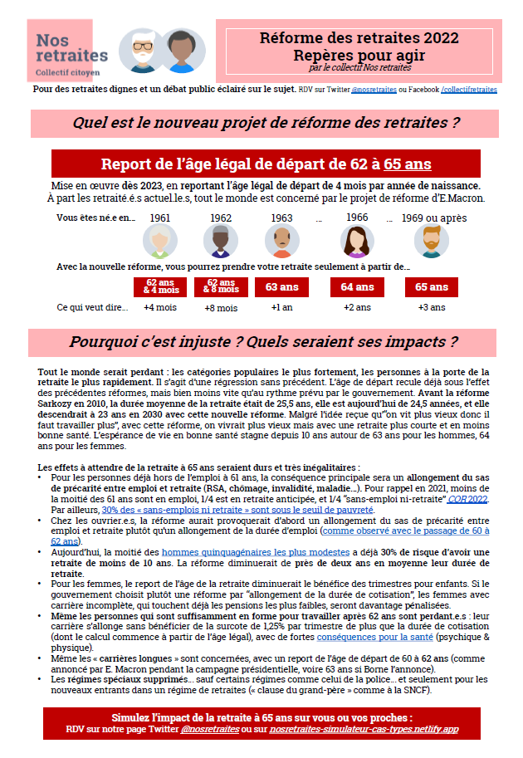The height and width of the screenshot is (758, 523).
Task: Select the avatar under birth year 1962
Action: [x=220, y=242]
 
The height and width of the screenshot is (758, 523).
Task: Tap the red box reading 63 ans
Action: [x=282, y=287]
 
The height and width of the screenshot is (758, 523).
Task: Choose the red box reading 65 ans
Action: [x=432, y=287]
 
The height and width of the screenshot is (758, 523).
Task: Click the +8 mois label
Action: [x=220, y=308]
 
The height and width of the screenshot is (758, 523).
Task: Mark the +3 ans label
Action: [x=432, y=308]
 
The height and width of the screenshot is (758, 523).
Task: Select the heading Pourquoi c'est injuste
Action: [x=263, y=342]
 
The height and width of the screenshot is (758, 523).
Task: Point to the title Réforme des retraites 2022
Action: [x=359, y=37]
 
